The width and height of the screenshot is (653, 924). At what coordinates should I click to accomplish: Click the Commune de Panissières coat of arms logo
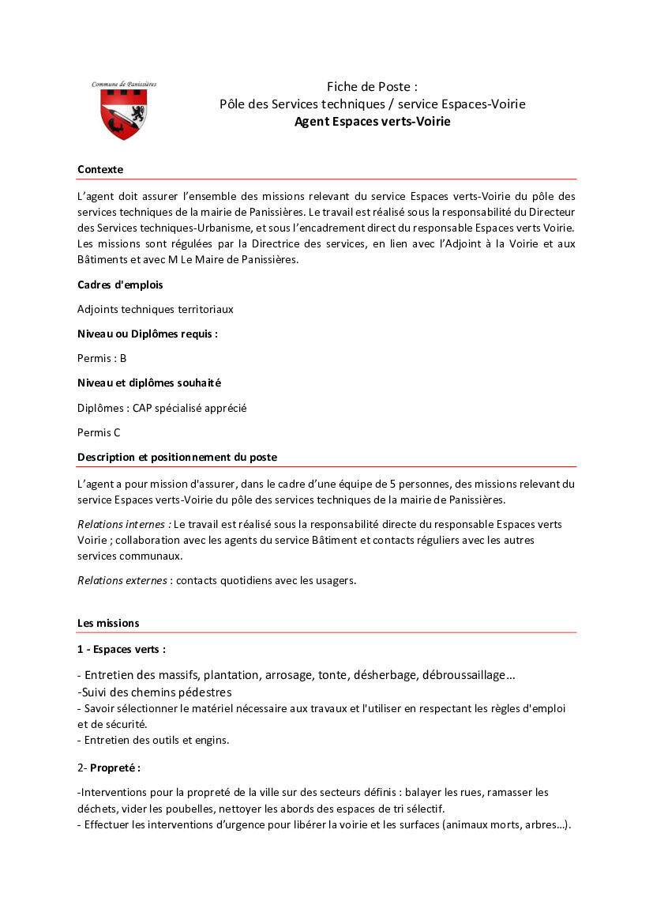coord(124,111)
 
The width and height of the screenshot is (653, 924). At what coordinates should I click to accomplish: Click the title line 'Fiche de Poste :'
coord(372,86)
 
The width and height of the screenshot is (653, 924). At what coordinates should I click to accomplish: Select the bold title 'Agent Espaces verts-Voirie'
coord(372,122)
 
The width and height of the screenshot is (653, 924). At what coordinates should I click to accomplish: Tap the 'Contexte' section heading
coord(100,169)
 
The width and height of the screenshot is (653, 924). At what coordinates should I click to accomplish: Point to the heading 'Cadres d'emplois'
coord(120,285)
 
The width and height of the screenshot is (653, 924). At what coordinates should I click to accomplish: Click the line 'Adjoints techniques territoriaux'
coord(156,309)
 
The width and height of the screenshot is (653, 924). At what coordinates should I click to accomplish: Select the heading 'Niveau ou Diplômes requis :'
coord(148,334)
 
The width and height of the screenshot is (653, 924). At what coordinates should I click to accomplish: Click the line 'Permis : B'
coord(102,358)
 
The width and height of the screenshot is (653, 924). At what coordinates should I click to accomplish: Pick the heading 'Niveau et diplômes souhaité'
coord(149,383)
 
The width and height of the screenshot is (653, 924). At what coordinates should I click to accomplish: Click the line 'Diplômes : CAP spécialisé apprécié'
coord(162,408)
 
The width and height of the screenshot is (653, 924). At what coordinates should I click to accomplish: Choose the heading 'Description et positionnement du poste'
coord(177,457)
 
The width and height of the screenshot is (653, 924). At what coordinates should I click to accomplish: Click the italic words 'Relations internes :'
coord(124,523)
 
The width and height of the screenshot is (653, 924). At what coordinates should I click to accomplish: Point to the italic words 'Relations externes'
coord(122,580)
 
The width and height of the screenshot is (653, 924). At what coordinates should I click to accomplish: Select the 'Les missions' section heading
coord(108,623)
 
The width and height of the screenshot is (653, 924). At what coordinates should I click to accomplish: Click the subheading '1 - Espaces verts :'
coord(122,649)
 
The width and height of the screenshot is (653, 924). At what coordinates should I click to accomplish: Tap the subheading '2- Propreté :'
coord(109,767)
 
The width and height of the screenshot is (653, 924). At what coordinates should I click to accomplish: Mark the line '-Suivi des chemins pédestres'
coord(155,692)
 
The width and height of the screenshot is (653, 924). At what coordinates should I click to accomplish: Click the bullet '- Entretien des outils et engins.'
coord(153,740)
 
